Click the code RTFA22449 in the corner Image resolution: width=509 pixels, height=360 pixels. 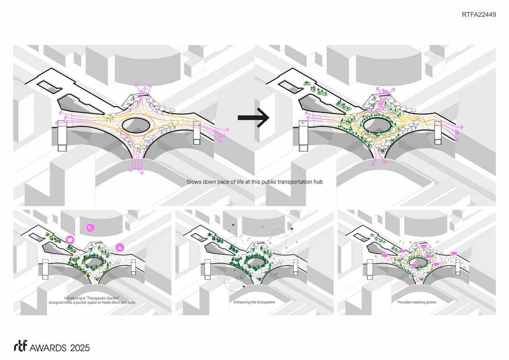coord(479,14)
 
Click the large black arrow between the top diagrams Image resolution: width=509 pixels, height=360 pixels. coord(254,118)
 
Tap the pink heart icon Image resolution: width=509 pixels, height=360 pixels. coord(70,240)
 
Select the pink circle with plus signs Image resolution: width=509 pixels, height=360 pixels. coord(90,228)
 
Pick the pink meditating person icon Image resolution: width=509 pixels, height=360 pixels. coord(120,247)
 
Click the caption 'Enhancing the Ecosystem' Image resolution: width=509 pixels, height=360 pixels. coord(254,302)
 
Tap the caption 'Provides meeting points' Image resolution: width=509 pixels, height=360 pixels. coord(417,302)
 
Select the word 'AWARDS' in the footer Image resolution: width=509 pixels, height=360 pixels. coord(48,348)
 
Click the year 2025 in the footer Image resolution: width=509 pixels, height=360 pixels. coord(80,348)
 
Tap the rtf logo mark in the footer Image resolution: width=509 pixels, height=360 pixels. coord(20,346)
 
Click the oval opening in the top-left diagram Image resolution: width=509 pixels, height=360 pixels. coord(136,125)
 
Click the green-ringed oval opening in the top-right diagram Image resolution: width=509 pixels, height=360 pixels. coord(377,125)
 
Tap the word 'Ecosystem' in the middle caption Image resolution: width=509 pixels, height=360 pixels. coord(265,302)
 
